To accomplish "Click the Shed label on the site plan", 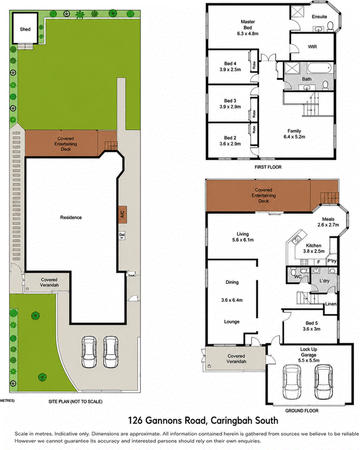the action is (25, 29).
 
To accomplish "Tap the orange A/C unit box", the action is (122, 214).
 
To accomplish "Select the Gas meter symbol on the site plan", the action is (121, 236).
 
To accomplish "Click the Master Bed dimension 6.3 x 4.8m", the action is (247, 34).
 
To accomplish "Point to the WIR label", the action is (312, 46).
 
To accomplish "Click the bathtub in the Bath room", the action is (319, 68).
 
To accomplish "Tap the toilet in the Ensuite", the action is (330, 26).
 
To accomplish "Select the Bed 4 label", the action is (230, 63).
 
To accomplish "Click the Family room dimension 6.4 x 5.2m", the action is (294, 137).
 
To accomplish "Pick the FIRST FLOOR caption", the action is (268, 167).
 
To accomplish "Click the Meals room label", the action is (328, 219).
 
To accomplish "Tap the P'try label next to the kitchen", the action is (332, 261).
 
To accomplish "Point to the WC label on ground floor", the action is (298, 277).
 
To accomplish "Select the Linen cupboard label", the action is (331, 304).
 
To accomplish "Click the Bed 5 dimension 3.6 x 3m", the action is (311, 329).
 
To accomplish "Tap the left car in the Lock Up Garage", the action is (292, 382).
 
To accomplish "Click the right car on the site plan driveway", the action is (111, 352).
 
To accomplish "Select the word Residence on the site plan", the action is (71, 217).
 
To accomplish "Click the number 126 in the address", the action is (135, 421).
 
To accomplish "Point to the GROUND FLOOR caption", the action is (301, 411).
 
